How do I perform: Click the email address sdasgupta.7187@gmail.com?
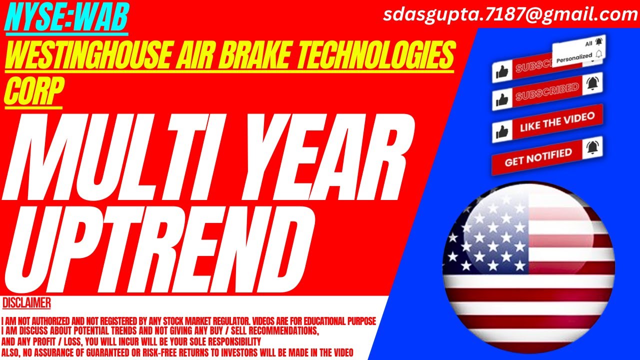point(510,14)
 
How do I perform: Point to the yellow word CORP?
point(33,92)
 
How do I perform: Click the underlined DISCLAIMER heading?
point(26,303)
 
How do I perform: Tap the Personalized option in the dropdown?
point(574,57)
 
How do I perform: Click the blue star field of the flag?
point(485,235)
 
